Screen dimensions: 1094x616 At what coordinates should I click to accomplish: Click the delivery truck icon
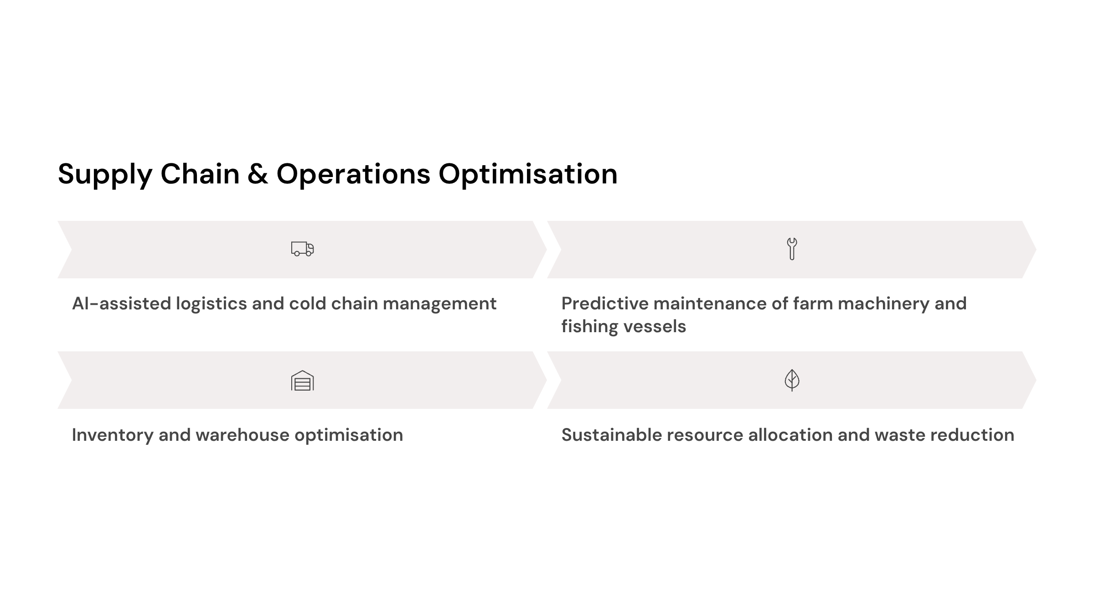click(302, 249)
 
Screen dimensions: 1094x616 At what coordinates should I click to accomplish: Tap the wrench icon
click(792, 249)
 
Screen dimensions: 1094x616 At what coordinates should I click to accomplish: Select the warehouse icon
click(302, 381)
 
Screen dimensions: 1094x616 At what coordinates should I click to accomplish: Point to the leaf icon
click(792, 380)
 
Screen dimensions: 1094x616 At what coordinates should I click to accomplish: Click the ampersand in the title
click(258, 174)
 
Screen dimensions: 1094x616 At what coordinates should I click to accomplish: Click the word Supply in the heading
click(105, 175)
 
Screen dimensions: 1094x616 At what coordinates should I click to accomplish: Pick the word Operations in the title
click(353, 175)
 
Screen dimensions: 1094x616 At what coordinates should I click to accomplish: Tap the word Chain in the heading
click(200, 174)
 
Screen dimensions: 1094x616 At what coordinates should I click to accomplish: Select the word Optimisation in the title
click(528, 175)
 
